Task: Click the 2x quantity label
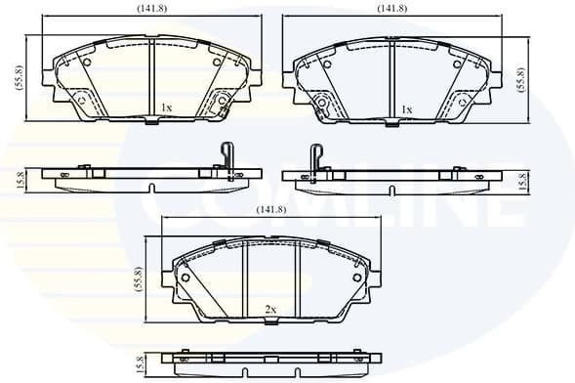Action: [x=271, y=310]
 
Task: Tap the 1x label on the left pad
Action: [x=166, y=107]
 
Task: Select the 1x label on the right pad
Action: [x=406, y=109]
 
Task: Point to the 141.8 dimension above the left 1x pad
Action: [x=150, y=8]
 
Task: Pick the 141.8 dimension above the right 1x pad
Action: [x=391, y=8]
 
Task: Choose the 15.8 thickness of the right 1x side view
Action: [x=523, y=180]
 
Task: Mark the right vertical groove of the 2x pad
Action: [x=297, y=279]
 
